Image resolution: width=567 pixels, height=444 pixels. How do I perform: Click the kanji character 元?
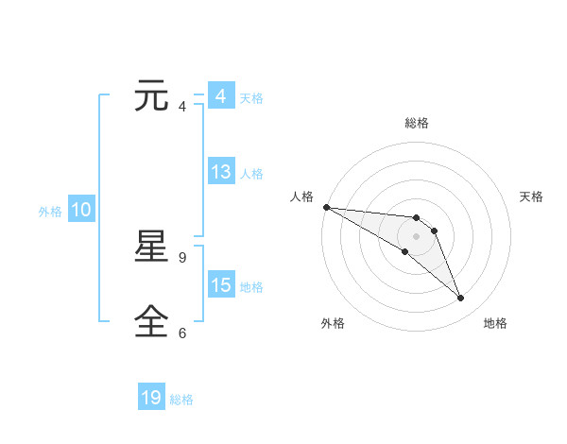(152, 96)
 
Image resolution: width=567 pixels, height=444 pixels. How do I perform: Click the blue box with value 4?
(220, 96)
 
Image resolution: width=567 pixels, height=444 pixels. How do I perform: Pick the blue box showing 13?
(221, 172)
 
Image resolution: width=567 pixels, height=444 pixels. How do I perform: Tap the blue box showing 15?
(221, 285)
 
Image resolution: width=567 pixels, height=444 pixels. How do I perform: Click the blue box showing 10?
(81, 210)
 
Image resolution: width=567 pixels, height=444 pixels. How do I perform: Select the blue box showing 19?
(151, 398)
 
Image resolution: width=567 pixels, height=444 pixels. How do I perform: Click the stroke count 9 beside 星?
(182, 257)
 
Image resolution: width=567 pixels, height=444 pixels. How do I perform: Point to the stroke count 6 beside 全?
(182, 333)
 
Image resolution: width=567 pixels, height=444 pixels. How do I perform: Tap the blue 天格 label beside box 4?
(251, 97)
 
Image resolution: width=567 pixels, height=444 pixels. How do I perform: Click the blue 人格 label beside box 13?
(251, 174)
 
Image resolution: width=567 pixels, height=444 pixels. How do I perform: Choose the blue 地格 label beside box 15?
(251, 287)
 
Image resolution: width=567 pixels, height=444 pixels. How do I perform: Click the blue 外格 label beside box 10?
(50, 212)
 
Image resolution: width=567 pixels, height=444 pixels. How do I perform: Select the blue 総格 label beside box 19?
(181, 400)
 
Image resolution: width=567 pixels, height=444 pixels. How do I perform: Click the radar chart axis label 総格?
(417, 123)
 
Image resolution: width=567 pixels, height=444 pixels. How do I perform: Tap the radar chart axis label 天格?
(532, 196)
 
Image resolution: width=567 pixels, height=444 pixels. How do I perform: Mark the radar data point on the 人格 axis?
(326, 207)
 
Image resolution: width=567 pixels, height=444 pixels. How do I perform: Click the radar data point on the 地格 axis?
(461, 299)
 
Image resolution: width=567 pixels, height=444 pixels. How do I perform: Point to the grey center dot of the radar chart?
(417, 236)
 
